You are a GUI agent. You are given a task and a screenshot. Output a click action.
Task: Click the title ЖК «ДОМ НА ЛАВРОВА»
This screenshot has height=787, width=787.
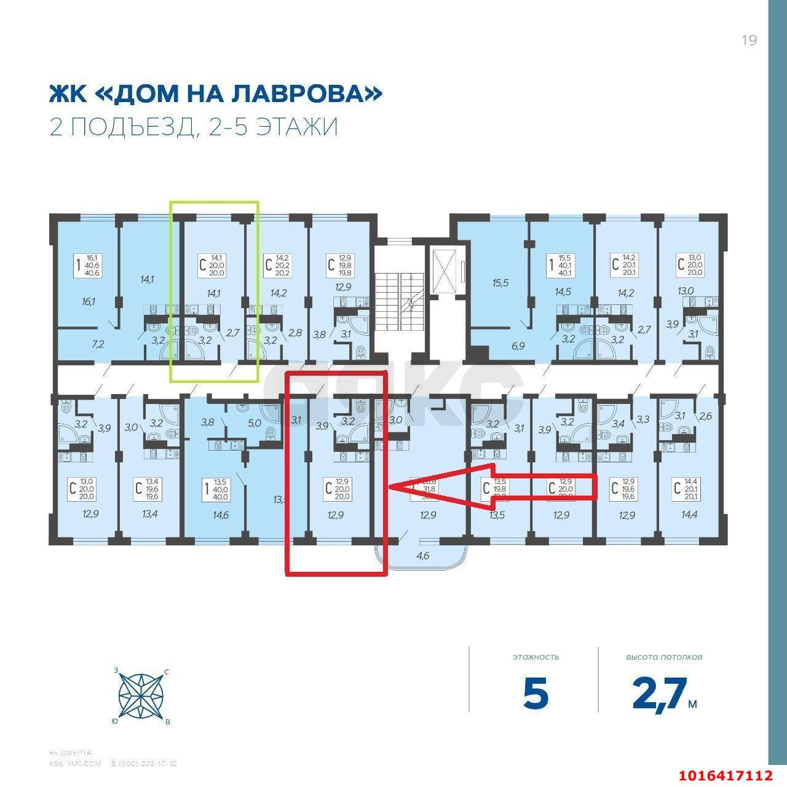tap(215, 94)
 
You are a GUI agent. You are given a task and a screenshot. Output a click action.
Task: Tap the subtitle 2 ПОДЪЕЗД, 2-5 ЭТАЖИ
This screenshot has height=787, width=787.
tap(193, 127)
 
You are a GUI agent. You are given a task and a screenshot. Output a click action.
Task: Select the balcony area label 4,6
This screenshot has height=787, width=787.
tap(423, 556)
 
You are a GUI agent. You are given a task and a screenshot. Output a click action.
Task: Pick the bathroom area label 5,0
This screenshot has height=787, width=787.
tap(255, 422)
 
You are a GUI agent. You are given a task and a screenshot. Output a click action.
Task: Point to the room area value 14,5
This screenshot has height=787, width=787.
tap(562, 293)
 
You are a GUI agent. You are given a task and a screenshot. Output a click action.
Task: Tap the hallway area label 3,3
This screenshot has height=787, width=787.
tap(643, 419)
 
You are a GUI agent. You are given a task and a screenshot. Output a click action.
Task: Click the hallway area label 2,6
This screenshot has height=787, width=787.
tap(705, 416)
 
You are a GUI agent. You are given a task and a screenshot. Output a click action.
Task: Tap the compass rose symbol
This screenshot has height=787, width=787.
tap(141, 695)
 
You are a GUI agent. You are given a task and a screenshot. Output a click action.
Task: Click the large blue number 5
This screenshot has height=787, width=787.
tap(536, 694)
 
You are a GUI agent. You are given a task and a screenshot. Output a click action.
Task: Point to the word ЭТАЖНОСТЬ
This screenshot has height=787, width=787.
tap(536, 657)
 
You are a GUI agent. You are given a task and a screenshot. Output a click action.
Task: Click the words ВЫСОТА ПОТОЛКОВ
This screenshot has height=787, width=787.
tap(664, 657)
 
